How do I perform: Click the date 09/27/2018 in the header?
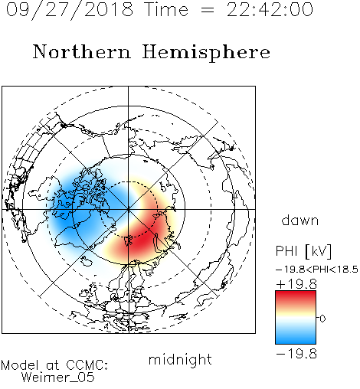(x=70, y=10)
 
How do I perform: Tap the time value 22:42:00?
(x=270, y=9)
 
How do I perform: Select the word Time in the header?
(x=166, y=9)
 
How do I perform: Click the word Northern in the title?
(x=82, y=51)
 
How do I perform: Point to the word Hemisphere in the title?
(x=206, y=53)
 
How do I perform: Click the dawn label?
(x=300, y=221)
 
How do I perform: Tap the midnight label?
(x=180, y=359)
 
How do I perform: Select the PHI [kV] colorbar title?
(x=303, y=251)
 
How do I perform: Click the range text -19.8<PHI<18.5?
(x=317, y=270)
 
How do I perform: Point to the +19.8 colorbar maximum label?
(x=296, y=284)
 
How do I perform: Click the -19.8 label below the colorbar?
(x=296, y=354)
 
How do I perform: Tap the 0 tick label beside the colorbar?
(x=322, y=319)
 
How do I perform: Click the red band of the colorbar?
(x=296, y=298)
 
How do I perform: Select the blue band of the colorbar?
(x=296, y=336)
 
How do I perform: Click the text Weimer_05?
(x=58, y=378)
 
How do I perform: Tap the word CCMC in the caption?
(x=87, y=365)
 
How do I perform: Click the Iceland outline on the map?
(x=87, y=260)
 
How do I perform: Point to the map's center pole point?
(x=129, y=210)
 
